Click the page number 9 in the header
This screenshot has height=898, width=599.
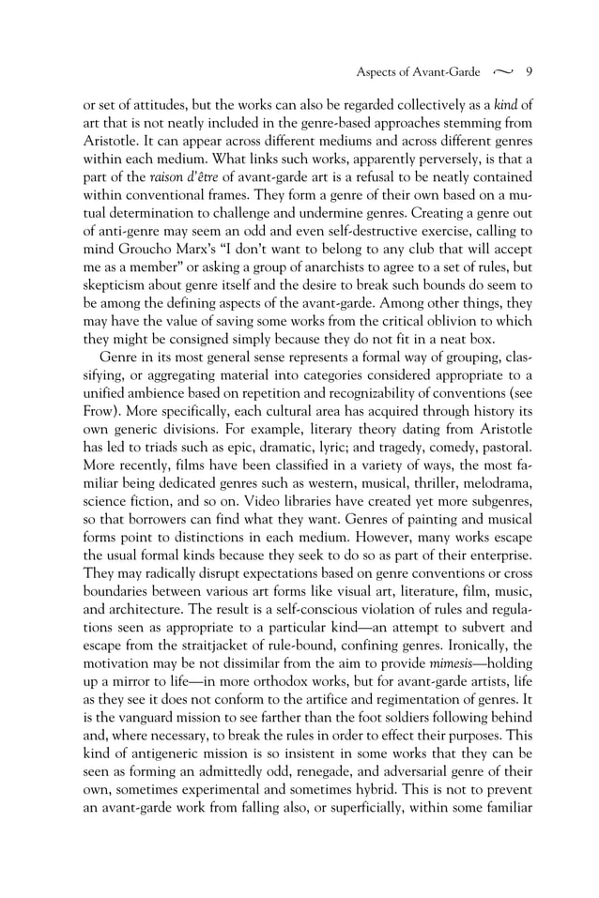530,71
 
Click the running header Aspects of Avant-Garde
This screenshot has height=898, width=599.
417,71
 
